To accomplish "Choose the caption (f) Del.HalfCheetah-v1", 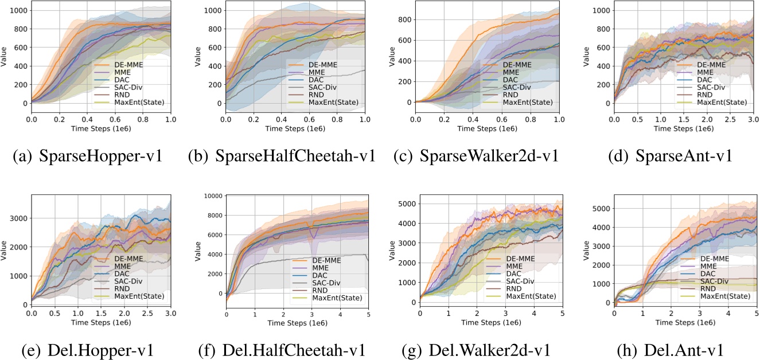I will pyautogui.click(x=283, y=349).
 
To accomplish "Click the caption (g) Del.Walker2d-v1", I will pyautogui.click(x=477, y=349).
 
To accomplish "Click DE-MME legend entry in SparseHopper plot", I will pyautogui.click(x=126, y=64).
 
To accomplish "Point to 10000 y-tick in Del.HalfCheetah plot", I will pyautogui.click(x=215, y=195).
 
